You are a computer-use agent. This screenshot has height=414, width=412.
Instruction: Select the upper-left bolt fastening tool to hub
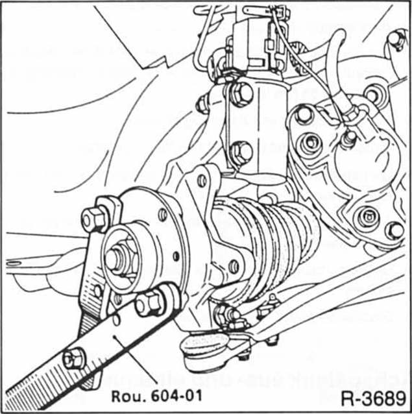pyautogui.click(x=95, y=219)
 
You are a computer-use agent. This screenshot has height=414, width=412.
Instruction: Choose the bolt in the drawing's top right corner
pyautogui.click(x=395, y=41)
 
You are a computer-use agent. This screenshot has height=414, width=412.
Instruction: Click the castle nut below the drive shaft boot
pyautogui.click(x=223, y=315)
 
